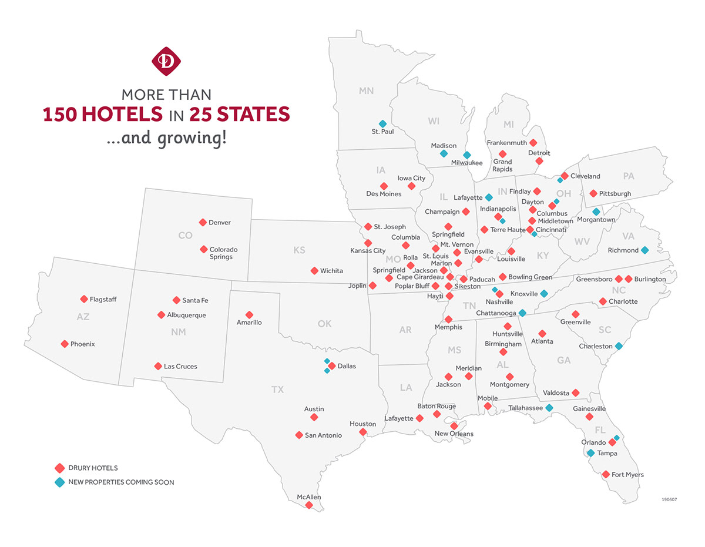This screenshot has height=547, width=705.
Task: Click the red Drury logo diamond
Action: click(x=166, y=61)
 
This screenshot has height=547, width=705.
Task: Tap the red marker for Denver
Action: click(x=203, y=223)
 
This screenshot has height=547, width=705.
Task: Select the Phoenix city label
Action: click(x=82, y=344)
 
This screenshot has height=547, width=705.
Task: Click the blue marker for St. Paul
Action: click(x=382, y=124)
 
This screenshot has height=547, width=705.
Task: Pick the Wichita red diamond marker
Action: click(x=314, y=271)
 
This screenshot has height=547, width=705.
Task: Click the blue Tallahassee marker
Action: click(x=549, y=408)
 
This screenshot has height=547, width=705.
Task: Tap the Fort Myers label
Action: click(x=627, y=475)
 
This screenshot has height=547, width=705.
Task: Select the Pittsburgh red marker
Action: click(x=593, y=193)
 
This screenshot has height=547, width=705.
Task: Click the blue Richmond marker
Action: click(x=644, y=250)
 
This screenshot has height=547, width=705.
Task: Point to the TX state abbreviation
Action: click(x=277, y=390)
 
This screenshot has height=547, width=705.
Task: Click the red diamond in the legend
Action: click(x=59, y=468)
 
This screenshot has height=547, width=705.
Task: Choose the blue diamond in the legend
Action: click(x=59, y=482)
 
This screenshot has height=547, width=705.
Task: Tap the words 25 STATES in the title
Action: click(x=240, y=113)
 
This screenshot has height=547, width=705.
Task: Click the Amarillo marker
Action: click(x=249, y=315)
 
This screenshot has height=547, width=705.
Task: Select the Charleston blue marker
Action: click(x=619, y=347)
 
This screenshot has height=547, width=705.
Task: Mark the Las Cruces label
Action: click(x=180, y=367)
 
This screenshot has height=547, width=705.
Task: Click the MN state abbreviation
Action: click(x=367, y=91)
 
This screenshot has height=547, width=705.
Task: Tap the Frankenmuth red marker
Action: click(x=533, y=143)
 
